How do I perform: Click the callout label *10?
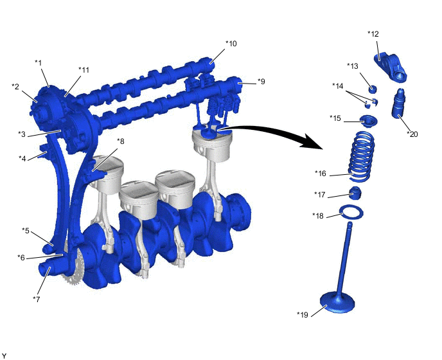tap(231, 44)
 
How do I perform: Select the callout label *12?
tap(373, 34)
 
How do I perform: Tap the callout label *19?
tap(303, 314)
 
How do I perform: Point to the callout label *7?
tap(37, 299)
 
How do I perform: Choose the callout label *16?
tap(320, 173)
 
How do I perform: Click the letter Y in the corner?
tap(4, 356)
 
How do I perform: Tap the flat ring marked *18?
tap(351, 212)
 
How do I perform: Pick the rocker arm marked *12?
tap(391, 67)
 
